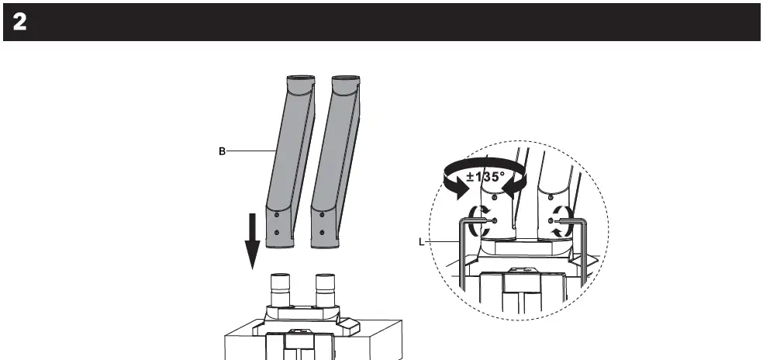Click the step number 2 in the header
tap(19, 22)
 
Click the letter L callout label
tap(422, 242)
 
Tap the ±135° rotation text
tap(485, 176)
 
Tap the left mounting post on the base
tap(281, 290)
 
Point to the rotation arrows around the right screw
tap(562, 220)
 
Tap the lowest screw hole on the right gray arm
tap(321, 233)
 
